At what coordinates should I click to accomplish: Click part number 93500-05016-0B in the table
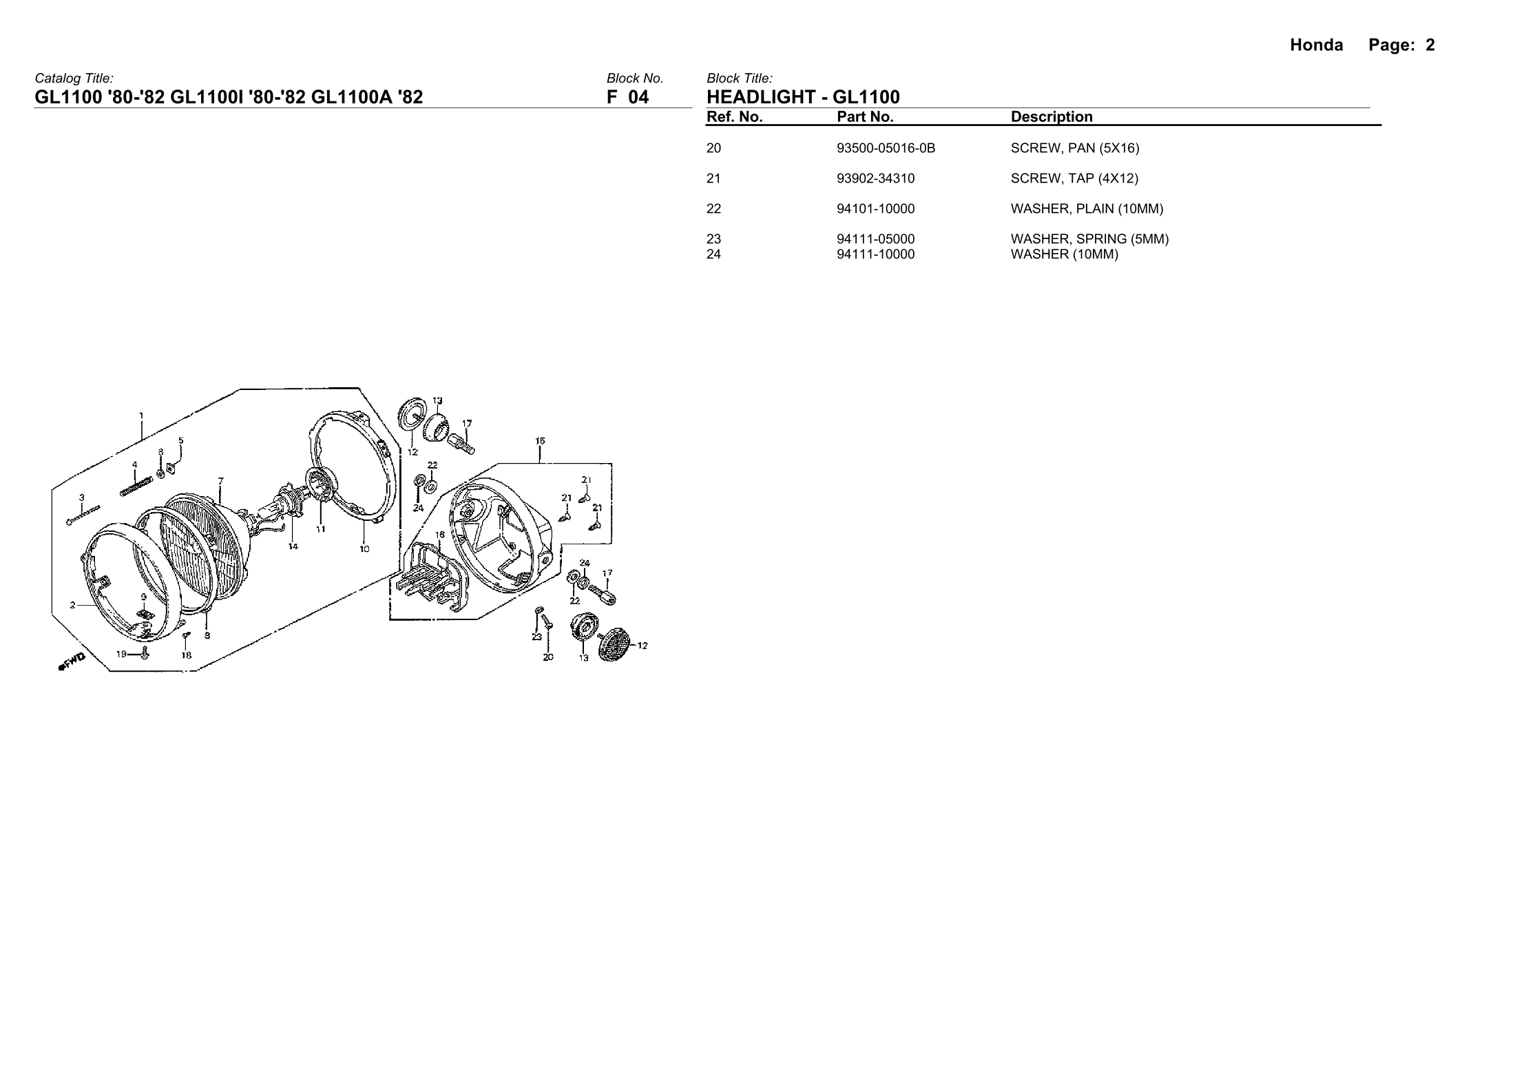click(x=886, y=148)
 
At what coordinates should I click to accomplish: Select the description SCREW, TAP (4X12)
click(x=1074, y=178)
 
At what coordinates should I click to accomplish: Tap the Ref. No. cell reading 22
click(x=714, y=209)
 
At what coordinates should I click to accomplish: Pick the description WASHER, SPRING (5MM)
click(x=1089, y=239)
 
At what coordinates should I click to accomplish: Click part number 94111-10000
click(x=875, y=254)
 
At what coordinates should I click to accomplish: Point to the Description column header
click(x=1052, y=117)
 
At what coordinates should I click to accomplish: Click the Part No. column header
click(x=865, y=117)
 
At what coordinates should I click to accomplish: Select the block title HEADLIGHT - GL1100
click(x=803, y=97)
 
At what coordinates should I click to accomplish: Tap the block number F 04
click(x=627, y=97)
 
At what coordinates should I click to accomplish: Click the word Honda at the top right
click(x=1316, y=45)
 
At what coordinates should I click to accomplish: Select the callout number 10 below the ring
click(x=364, y=549)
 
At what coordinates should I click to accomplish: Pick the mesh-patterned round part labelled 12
click(x=614, y=644)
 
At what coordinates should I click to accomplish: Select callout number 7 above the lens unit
click(x=220, y=480)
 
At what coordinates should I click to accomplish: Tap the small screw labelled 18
click(x=185, y=635)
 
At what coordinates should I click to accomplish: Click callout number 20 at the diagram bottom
click(x=547, y=657)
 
